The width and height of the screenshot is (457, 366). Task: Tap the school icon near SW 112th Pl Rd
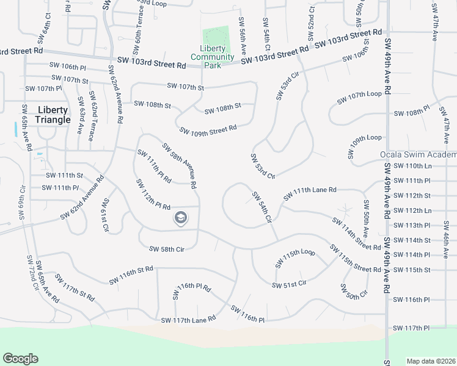[x=180, y=218]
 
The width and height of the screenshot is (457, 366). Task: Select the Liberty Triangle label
[x=54, y=115]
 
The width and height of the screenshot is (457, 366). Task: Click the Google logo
[x=20, y=359]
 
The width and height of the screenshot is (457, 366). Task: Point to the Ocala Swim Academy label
[x=418, y=155]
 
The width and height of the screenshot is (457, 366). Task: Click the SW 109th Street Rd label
[x=208, y=130]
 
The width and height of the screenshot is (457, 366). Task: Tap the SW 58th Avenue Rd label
[x=179, y=165]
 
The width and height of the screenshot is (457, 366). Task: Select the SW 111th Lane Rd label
[x=310, y=193]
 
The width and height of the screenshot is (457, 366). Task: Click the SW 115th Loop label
[x=294, y=256]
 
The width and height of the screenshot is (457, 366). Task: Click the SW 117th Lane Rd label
[x=188, y=319]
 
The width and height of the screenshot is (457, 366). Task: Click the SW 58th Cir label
[x=167, y=248]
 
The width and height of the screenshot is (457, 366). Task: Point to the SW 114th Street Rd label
[x=357, y=233]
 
